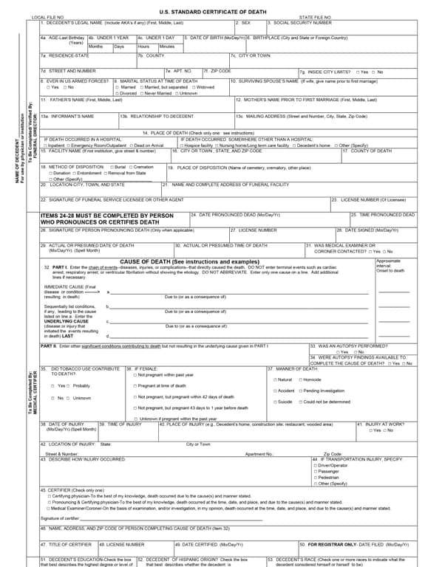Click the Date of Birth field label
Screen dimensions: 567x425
tap(215, 38)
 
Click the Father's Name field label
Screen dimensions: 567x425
tap(81, 100)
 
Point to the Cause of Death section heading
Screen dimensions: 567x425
tap(189, 261)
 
